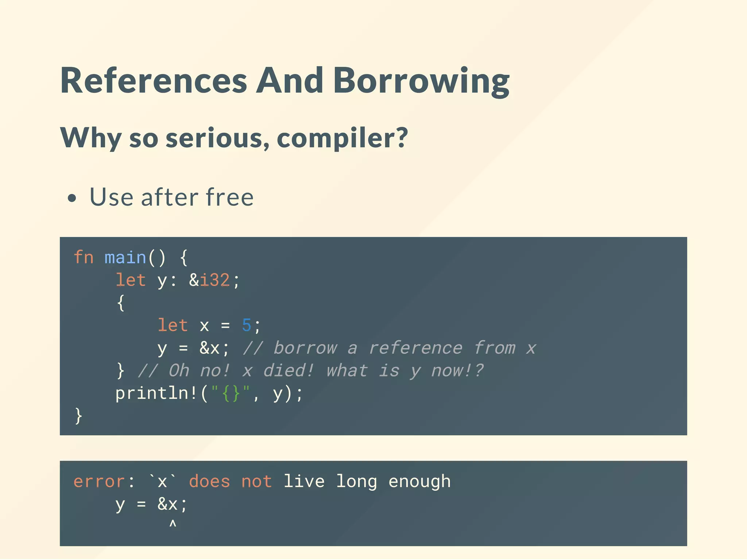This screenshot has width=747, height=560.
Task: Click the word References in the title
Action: click(154, 81)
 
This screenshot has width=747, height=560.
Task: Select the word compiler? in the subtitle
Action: click(342, 138)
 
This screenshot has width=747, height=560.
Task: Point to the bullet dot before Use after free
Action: click(72, 198)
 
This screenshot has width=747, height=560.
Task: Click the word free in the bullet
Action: click(229, 197)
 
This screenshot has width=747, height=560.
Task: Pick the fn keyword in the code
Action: click(84, 257)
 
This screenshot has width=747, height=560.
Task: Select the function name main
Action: click(125, 257)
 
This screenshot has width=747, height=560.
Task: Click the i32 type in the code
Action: click(215, 280)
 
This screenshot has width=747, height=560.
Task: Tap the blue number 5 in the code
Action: click(247, 325)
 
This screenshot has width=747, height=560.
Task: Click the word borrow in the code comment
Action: click(305, 348)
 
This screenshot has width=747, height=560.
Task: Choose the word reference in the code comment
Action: click(415, 348)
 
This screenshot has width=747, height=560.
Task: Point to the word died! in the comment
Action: click(289, 370)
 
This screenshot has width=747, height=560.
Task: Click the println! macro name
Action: click(156, 393)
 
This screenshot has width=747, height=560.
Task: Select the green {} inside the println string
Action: click(231, 393)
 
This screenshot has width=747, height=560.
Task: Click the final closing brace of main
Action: click(78, 416)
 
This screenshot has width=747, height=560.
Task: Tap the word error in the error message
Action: click(99, 482)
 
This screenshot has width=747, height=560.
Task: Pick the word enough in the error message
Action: click(419, 482)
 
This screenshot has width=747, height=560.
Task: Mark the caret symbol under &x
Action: click(173, 524)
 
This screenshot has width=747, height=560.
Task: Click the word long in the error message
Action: click(356, 482)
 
